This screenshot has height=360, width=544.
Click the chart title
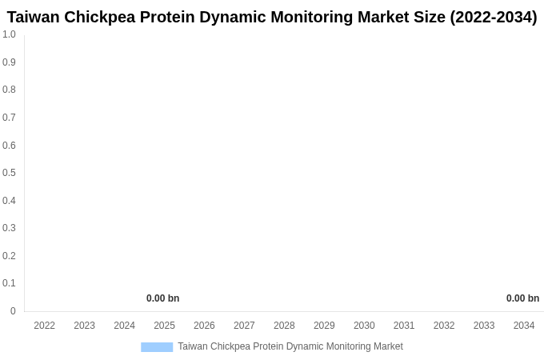tap(272, 17)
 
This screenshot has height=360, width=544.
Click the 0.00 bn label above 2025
tap(162, 298)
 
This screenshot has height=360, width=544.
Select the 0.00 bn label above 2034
tap(522, 298)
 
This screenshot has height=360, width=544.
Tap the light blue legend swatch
tap(157, 347)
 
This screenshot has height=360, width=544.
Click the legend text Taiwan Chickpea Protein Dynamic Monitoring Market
tap(290, 346)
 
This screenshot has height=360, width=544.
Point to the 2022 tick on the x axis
tap(45, 326)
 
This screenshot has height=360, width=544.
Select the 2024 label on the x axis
tap(124, 326)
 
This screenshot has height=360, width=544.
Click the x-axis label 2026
tap(204, 326)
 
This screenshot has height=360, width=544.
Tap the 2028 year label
tap(284, 326)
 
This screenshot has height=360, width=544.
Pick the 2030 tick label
tap(364, 326)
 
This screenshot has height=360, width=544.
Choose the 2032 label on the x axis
tap(444, 326)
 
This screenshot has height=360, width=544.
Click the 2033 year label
tap(484, 326)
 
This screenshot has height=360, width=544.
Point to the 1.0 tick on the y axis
tap(9, 34)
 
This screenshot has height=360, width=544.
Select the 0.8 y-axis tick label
tap(9, 90)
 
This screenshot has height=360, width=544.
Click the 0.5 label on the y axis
tap(9, 173)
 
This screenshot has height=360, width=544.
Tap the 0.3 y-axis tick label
tap(9, 228)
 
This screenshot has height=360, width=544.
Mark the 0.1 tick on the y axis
tap(9, 283)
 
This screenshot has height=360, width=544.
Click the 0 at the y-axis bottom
tap(13, 311)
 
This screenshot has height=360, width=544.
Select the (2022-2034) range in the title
tap(493, 17)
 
